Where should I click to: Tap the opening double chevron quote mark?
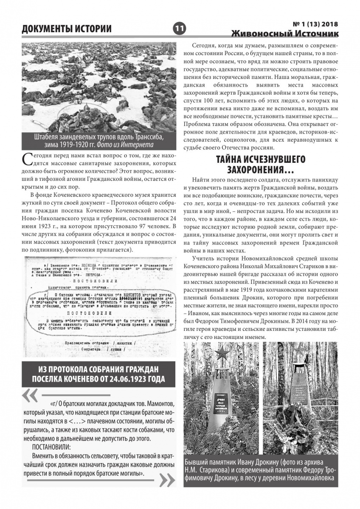[x=30, y=395]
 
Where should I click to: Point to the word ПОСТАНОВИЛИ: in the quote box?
[x=51, y=447]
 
